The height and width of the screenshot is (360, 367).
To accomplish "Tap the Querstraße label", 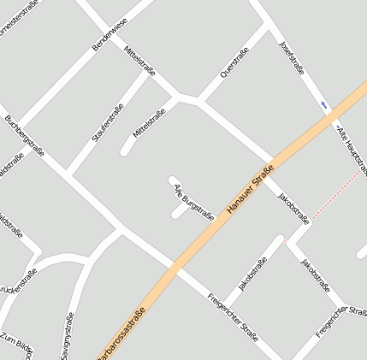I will [x=234, y=62].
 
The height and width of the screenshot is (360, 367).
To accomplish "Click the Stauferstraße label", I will [x=108, y=122].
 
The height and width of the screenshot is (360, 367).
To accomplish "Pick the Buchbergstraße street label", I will [x=24, y=134].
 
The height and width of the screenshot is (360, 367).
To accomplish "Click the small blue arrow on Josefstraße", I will [x=324, y=104].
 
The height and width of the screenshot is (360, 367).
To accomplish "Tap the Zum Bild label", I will [x=17, y=345].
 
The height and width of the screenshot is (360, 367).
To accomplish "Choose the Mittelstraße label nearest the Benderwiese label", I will [x=139, y=60].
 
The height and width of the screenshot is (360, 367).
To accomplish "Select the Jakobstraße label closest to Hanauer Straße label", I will [x=293, y=208].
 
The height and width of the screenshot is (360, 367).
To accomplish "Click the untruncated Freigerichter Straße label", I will [x=233, y=317].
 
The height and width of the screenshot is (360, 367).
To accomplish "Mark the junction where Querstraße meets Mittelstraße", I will [x=197, y=101].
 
